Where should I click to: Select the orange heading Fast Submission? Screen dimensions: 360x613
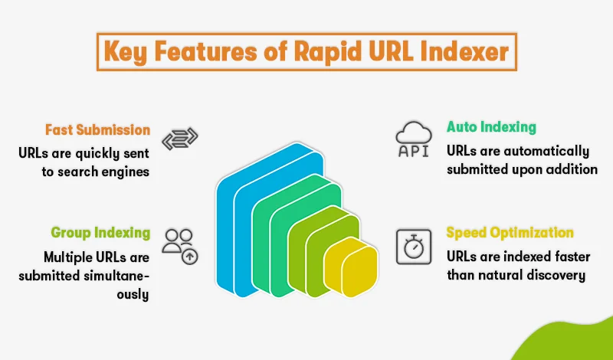(x=97, y=129)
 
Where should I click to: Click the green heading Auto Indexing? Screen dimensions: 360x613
(x=491, y=126)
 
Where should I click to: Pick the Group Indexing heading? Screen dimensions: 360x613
(x=100, y=233)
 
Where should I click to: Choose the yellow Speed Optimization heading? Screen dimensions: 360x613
(x=510, y=232)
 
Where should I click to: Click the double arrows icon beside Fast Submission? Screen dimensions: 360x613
(x=180, y=139)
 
